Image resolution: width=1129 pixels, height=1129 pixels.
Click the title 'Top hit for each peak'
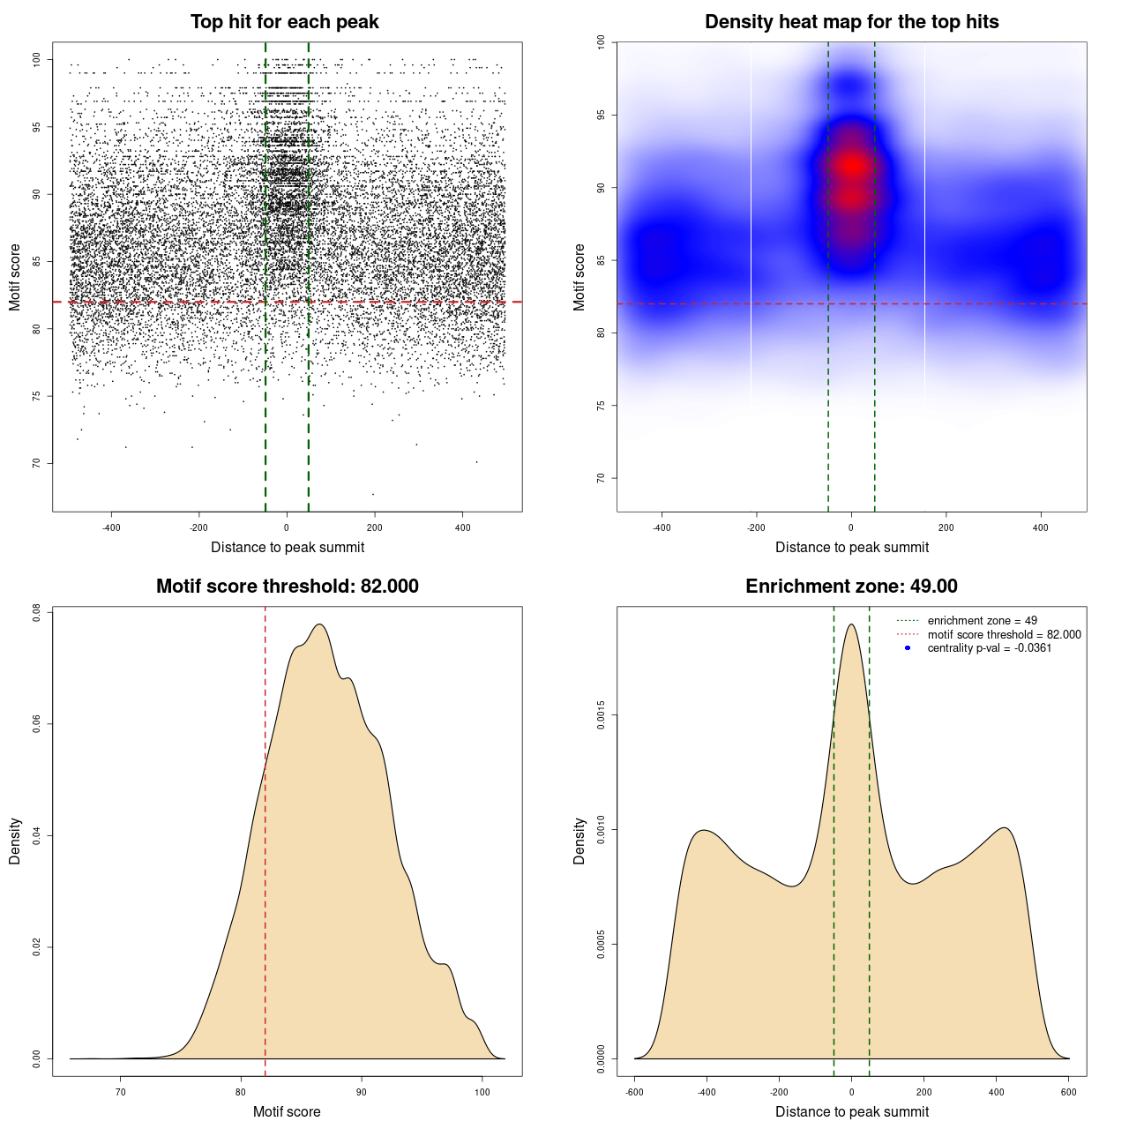[x=285, y=22]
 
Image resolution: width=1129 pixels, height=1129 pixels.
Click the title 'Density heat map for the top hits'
[x=851, y=22]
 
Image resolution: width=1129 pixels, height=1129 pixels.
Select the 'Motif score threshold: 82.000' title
[x=287, y=587]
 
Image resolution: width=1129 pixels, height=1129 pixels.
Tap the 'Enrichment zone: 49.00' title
[x=851, y=587]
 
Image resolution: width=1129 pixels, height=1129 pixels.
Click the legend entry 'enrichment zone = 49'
[x=982, y=621]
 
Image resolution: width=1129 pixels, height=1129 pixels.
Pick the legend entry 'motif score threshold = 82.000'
[x=1004, y=635]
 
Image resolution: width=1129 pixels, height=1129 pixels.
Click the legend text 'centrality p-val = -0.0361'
[x=989, y=648]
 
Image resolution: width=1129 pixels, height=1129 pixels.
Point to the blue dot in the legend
[x=908, y=648]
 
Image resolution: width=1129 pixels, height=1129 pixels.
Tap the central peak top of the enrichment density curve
[x=851, y=624]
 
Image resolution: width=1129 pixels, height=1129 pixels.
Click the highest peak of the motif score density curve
[x=319, y=624]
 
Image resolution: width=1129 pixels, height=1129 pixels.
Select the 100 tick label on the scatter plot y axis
[x=37, y=60]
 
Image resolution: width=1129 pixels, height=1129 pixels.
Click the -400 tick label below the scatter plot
[x=111, y=528]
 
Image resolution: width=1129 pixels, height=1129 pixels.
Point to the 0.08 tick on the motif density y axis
[x=37, y=612]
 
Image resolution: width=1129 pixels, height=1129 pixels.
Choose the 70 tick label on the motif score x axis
[x=121, y=1093]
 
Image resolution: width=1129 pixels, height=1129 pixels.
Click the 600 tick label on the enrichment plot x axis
[x=1069, y=1093]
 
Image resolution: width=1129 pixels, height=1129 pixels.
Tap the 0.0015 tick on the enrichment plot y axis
[x=602, y=715]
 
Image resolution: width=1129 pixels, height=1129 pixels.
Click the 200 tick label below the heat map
[x=946, y=528]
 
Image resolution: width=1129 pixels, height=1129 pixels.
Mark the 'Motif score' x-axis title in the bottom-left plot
[x=287, y=1112]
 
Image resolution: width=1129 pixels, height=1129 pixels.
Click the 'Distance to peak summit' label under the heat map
[x=851, y=548]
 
